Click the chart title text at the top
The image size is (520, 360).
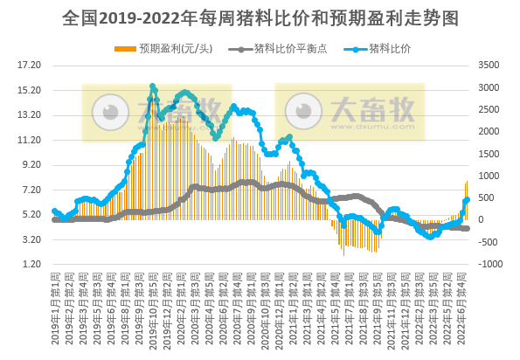pyautogui.click(x=260, y=17)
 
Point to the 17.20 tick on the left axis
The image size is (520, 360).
pyautogui.click(x=30, y=66)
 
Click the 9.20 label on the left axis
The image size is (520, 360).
pyautogui.click(x=31, y=164)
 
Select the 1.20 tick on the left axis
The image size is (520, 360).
pyautogui.click(x=31, y=264)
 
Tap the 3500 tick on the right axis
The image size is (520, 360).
pyautogui.click(x=486, y=66)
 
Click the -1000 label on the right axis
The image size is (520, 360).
pyautogui.click(x=488, y=264)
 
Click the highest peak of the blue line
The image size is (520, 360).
pyautogui.click(x=153, y=86)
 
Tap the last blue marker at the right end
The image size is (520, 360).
pyautogui.click(x=468, y=200)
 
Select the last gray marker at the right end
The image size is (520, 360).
pyautogui.click(x=468, y=228)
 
